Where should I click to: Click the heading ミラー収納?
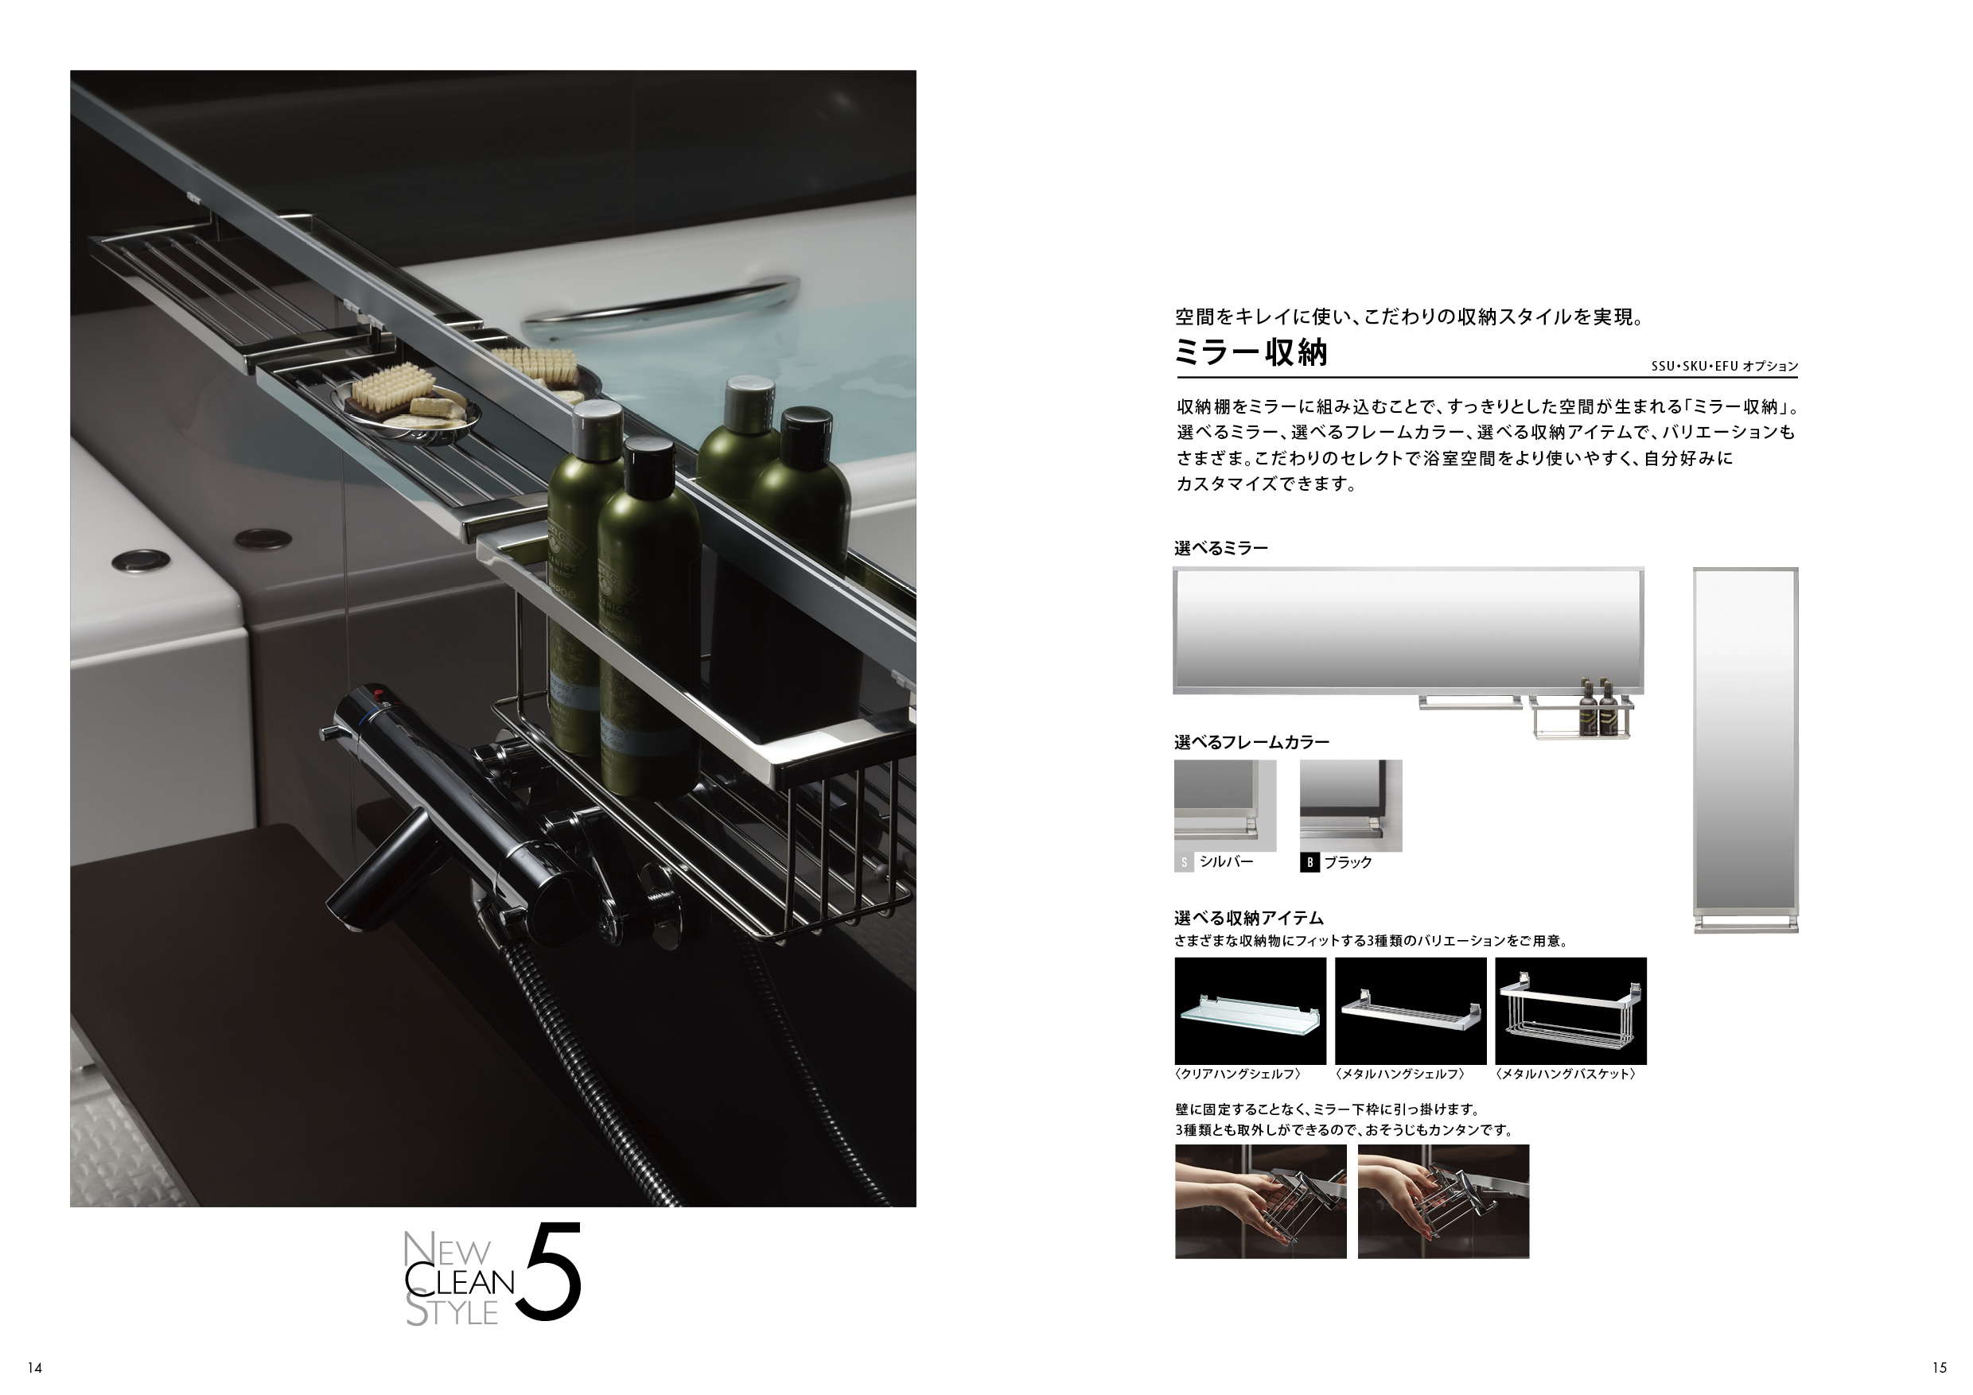[1251, 353]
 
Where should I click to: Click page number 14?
[34, 1367]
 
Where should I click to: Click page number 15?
[1940, 1367]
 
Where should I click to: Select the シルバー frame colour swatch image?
[1225, 805]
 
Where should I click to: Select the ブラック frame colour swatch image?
[1351, 805]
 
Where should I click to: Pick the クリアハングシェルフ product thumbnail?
[1251, 1010]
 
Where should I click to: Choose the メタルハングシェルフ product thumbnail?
[1411, 1010]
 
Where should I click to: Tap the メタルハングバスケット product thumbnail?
[1570, 1010]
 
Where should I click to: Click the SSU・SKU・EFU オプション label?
[1725, 366]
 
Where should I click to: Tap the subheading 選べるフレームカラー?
[1252, 742]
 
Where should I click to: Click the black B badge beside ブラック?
[1309, 862]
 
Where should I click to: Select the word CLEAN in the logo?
[459, 1281]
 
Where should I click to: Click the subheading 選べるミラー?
[1221, 548]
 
